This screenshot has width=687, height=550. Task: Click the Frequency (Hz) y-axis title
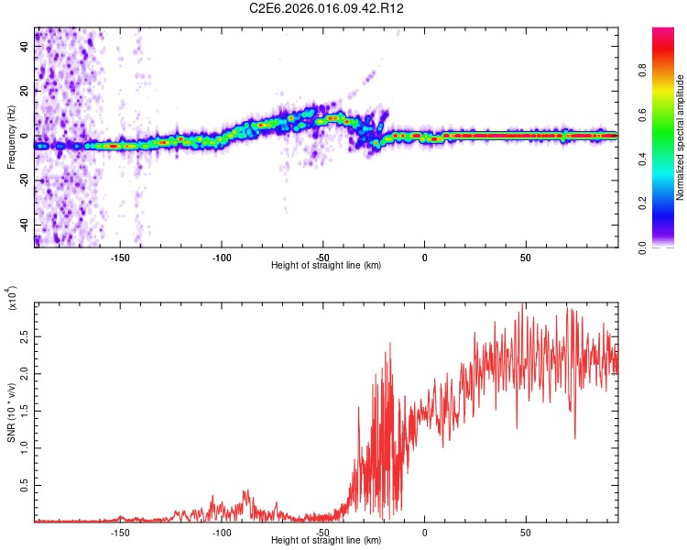11,137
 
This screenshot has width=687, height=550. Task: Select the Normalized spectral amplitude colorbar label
681,137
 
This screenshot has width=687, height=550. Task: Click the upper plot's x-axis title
326,266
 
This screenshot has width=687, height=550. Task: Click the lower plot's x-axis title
326,541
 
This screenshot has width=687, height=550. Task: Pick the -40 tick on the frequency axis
25,225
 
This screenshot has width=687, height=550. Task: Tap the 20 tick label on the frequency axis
25,90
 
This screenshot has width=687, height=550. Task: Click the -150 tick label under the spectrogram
119,258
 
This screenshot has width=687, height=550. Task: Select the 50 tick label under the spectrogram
526,258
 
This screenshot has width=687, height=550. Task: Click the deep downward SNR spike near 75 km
575,437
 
